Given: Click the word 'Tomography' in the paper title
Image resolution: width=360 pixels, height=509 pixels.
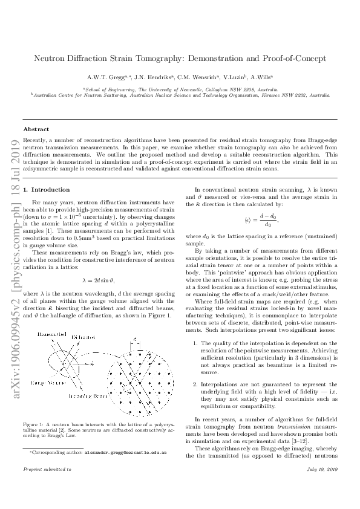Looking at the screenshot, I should click(x=167, y=59).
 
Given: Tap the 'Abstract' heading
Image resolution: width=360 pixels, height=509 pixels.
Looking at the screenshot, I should click(x=36, y=129).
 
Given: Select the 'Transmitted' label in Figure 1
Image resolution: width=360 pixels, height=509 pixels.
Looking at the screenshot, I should click(x=53, y=334).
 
